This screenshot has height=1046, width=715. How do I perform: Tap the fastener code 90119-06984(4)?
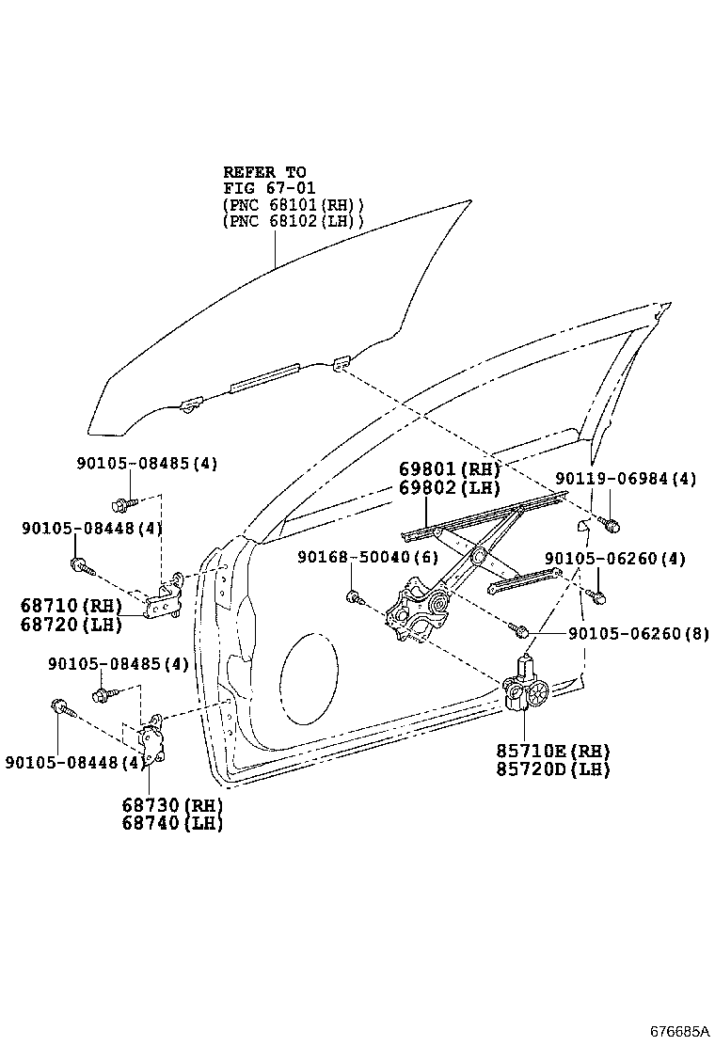pos(625,479)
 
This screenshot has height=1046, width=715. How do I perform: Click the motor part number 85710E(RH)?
pos(553,751)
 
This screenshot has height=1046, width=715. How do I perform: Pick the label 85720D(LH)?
pos(553,769)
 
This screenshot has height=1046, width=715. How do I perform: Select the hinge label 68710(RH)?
pos(71,606)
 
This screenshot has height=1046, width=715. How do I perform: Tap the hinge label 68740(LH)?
pos(171,824)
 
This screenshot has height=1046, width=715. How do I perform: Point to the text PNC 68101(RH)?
pos(294,205)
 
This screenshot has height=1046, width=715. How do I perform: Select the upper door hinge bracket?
pos(169,599)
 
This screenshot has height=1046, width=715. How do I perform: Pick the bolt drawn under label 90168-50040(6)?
pos(355,595)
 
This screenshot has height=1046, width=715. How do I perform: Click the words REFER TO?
pos(264,172)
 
